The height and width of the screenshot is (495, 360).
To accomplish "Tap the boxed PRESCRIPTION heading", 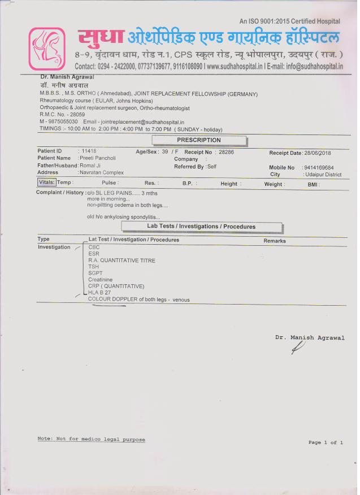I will tap(199, 140).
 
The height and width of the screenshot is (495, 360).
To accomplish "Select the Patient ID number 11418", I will tap(89, 151).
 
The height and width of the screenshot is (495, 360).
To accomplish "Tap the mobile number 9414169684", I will tap(318, 168).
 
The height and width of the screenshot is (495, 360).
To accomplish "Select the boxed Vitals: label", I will tap(46, 183).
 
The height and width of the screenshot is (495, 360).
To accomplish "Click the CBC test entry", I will tap(94, 248).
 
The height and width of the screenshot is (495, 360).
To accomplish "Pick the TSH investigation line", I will tap(93, 267).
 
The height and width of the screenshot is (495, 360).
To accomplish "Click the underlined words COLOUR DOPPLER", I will tap(113, 299).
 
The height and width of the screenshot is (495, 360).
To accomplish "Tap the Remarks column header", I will tap(275, 241).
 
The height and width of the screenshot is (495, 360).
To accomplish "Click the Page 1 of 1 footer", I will tap(326, 442).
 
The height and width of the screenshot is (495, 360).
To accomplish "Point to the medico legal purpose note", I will tap(91, 440).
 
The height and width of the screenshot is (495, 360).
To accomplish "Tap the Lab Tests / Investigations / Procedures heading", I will tap(201, 227).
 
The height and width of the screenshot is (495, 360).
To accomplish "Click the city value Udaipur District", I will tap(322, 175).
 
